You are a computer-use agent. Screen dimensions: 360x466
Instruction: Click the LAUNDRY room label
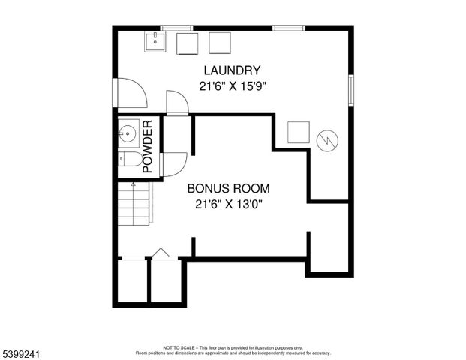[x=233, y=71]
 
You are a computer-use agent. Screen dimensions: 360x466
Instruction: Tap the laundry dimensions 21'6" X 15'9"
[x=233, y=86]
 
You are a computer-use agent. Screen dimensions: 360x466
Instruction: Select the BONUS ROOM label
[x=228, y=188]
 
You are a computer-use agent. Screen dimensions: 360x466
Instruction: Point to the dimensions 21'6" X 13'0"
[x=228, y=203]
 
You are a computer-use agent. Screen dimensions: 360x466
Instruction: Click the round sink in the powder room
[x=127, y=135]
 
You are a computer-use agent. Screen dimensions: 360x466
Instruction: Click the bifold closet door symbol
[x=161, y=253]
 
